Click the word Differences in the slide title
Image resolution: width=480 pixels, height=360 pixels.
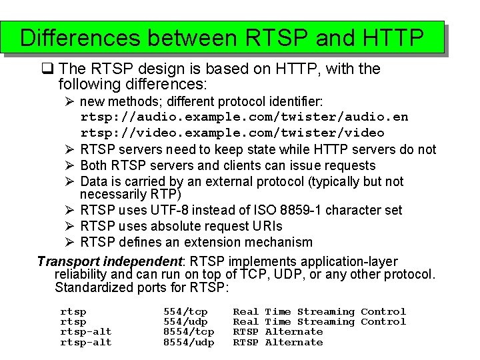tap(81, 37)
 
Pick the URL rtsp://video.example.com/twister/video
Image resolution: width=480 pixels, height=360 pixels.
tap(232, 133)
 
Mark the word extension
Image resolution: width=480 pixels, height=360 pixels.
tap(221, 242)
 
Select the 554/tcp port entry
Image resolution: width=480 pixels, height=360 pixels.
tap(185, 311)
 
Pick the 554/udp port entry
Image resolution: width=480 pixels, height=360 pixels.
tap(185, 321)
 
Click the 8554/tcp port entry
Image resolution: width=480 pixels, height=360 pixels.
tap(189, 332)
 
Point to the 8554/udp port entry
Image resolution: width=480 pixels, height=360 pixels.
tap(189, 342)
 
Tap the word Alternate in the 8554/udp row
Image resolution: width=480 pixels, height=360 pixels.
tap(293, 342)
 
